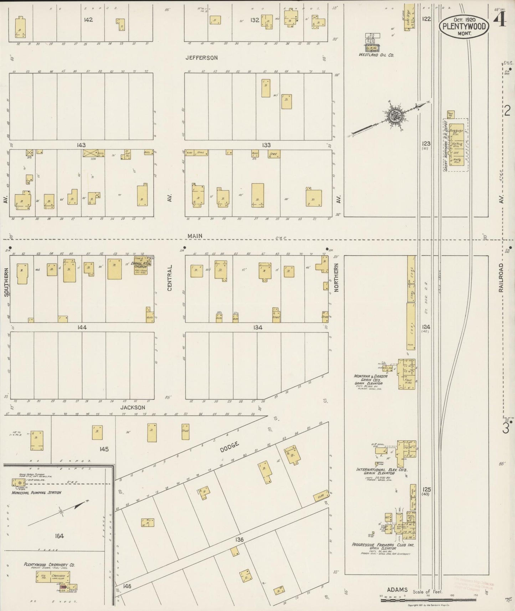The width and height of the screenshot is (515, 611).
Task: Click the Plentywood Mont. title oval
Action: coord(464,27)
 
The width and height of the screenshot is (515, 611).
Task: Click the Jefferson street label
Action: coord(201,57)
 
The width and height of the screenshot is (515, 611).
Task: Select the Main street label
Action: coord(195,236)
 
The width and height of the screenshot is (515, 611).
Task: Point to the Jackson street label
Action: coord(133,407)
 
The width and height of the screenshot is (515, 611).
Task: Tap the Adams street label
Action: coord(398,590)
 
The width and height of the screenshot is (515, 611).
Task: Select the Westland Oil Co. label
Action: coord(376,55)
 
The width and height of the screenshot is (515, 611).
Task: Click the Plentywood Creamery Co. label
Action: coord(49,565)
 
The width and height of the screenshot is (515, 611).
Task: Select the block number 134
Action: coord(257,327)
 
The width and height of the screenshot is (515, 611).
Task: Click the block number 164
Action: coord(59,536)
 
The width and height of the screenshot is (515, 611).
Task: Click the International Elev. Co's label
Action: coord(381,470)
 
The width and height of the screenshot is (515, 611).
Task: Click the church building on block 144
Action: coord(141,265)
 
